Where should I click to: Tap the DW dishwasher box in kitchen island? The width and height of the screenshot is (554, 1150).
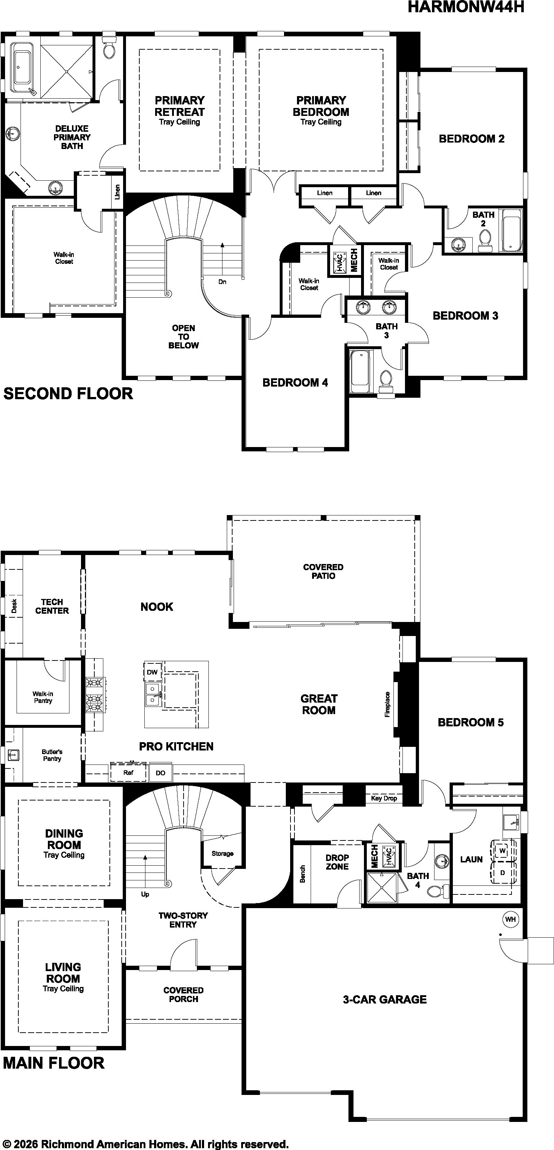pos(152,672)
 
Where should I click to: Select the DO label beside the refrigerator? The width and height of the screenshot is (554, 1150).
pos(160,773)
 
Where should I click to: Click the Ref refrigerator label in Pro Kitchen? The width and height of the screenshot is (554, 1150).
pos(128,772)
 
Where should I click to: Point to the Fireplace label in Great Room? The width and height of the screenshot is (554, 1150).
pos(387,704)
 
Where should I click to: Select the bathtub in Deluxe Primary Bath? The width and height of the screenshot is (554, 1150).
pos(22,68)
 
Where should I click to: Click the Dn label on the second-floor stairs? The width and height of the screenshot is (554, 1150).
pos(222,282)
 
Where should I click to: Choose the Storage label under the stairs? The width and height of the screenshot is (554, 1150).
pos(222,853)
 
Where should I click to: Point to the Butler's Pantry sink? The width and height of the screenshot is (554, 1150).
pos(13,755)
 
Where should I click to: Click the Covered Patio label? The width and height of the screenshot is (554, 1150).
pos(323,572)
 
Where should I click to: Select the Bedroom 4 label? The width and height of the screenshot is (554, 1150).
pos(295,383)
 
